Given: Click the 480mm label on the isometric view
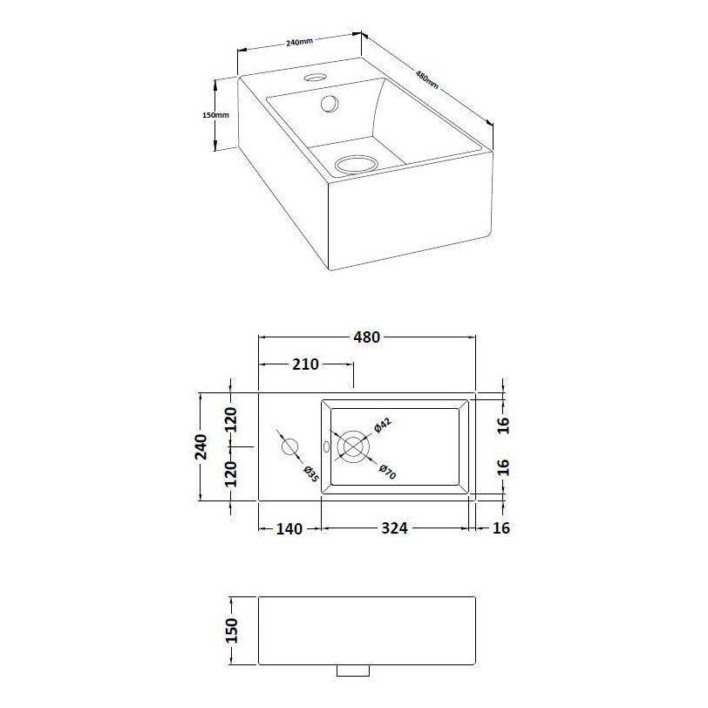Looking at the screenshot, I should coord(426,79).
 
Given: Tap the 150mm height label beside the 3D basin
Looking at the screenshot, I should coord(214,115).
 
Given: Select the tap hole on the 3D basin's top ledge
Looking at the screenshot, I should coord(313,79).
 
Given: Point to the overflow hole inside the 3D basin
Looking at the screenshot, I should coord(330,104).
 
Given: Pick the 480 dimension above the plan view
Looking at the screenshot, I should coord(366,337).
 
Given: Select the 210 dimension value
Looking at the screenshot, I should coord(304,364).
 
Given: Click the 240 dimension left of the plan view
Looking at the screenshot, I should coord(201,446).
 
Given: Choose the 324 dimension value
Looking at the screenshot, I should coord(394,528).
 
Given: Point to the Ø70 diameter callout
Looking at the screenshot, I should coord(388,471).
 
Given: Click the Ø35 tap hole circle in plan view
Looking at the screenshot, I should coord(289,447).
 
